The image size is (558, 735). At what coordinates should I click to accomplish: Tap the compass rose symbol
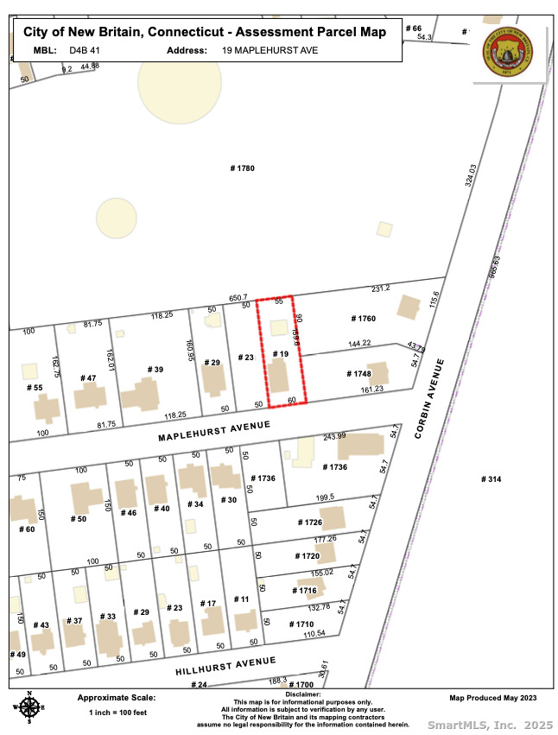(29, 707)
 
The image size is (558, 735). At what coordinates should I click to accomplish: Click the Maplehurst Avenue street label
(214, 432)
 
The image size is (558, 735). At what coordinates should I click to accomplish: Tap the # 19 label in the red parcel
(279, 354)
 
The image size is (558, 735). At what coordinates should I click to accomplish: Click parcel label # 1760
(364, 319)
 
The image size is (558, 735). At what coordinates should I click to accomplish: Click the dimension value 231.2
(381, 288)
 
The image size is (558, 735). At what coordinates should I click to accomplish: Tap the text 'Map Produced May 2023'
(492, 698)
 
